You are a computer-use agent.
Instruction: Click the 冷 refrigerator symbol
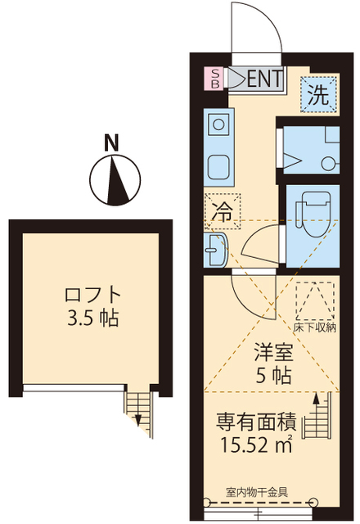click(221, 211)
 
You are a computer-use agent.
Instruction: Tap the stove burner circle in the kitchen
click(218, 126)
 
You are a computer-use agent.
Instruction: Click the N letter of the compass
click(112, 142)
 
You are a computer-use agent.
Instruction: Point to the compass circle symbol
click(113, 179)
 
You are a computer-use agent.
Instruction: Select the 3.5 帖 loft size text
click(94, 318)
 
